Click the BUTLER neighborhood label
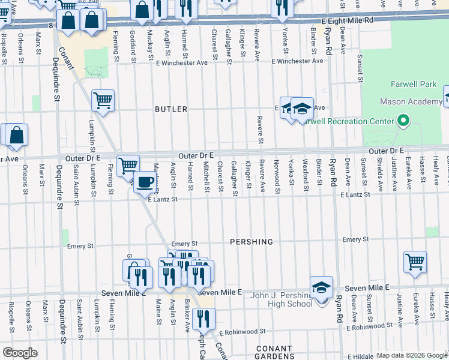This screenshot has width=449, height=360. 171,109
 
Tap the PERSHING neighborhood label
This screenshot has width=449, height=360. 252,242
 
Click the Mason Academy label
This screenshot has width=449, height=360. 412,102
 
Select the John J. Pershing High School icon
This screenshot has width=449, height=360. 322,288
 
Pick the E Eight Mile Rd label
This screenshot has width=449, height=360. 348,20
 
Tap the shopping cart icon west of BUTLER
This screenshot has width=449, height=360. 103,100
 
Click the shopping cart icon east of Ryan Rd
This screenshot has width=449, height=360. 415,262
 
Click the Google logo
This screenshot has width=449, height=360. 20,352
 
